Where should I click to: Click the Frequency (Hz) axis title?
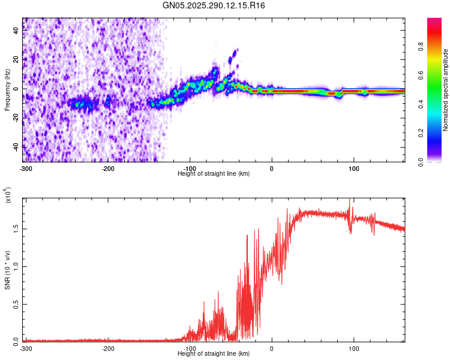coord(7,90)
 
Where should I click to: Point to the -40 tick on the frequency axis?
coord(15,146)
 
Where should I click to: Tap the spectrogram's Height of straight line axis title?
coord(214,173)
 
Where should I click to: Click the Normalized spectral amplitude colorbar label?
coord(446,90)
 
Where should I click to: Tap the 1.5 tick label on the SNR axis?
coord(15,229)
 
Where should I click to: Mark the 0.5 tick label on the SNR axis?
coord(15,304)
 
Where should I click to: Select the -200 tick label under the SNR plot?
coord(107,348)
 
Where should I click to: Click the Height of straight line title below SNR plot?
coord(214,354)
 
